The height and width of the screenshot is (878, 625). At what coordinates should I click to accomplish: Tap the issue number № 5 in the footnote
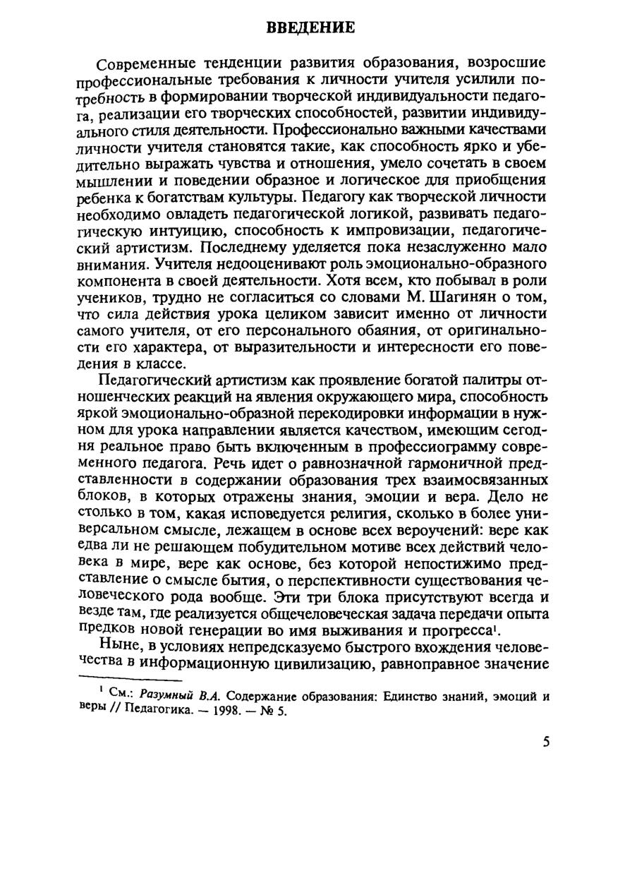pos(272,711)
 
